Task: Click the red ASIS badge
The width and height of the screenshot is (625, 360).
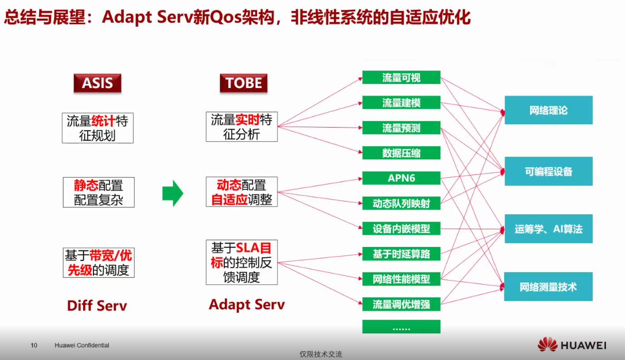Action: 97,83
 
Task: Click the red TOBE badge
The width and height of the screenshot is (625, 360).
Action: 243,83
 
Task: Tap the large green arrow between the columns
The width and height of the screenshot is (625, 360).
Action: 173,193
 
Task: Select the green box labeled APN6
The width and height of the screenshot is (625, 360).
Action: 401,178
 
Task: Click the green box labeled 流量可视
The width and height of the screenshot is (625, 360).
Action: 401,77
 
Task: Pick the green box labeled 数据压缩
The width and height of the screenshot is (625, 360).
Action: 401,153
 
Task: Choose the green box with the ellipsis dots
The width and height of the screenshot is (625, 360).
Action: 401,326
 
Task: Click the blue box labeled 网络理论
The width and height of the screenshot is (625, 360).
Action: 549,110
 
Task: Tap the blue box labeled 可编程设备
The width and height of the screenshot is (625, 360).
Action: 549,171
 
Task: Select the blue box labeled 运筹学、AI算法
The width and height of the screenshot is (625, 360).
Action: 549,229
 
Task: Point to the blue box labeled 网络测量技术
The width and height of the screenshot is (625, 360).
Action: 548,286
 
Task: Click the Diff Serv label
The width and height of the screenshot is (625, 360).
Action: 97,306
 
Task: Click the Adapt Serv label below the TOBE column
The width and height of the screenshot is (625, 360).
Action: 247,305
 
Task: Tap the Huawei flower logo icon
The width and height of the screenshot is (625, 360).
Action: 547,345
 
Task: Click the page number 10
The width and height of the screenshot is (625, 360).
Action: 34,345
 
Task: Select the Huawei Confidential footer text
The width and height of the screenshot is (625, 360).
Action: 82,345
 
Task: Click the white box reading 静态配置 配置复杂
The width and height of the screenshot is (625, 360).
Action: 99,192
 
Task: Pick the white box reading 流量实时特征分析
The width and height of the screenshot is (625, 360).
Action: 242,127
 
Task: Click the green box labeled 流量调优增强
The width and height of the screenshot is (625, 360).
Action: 401,304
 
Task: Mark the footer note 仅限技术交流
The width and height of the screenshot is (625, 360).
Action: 321,354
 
